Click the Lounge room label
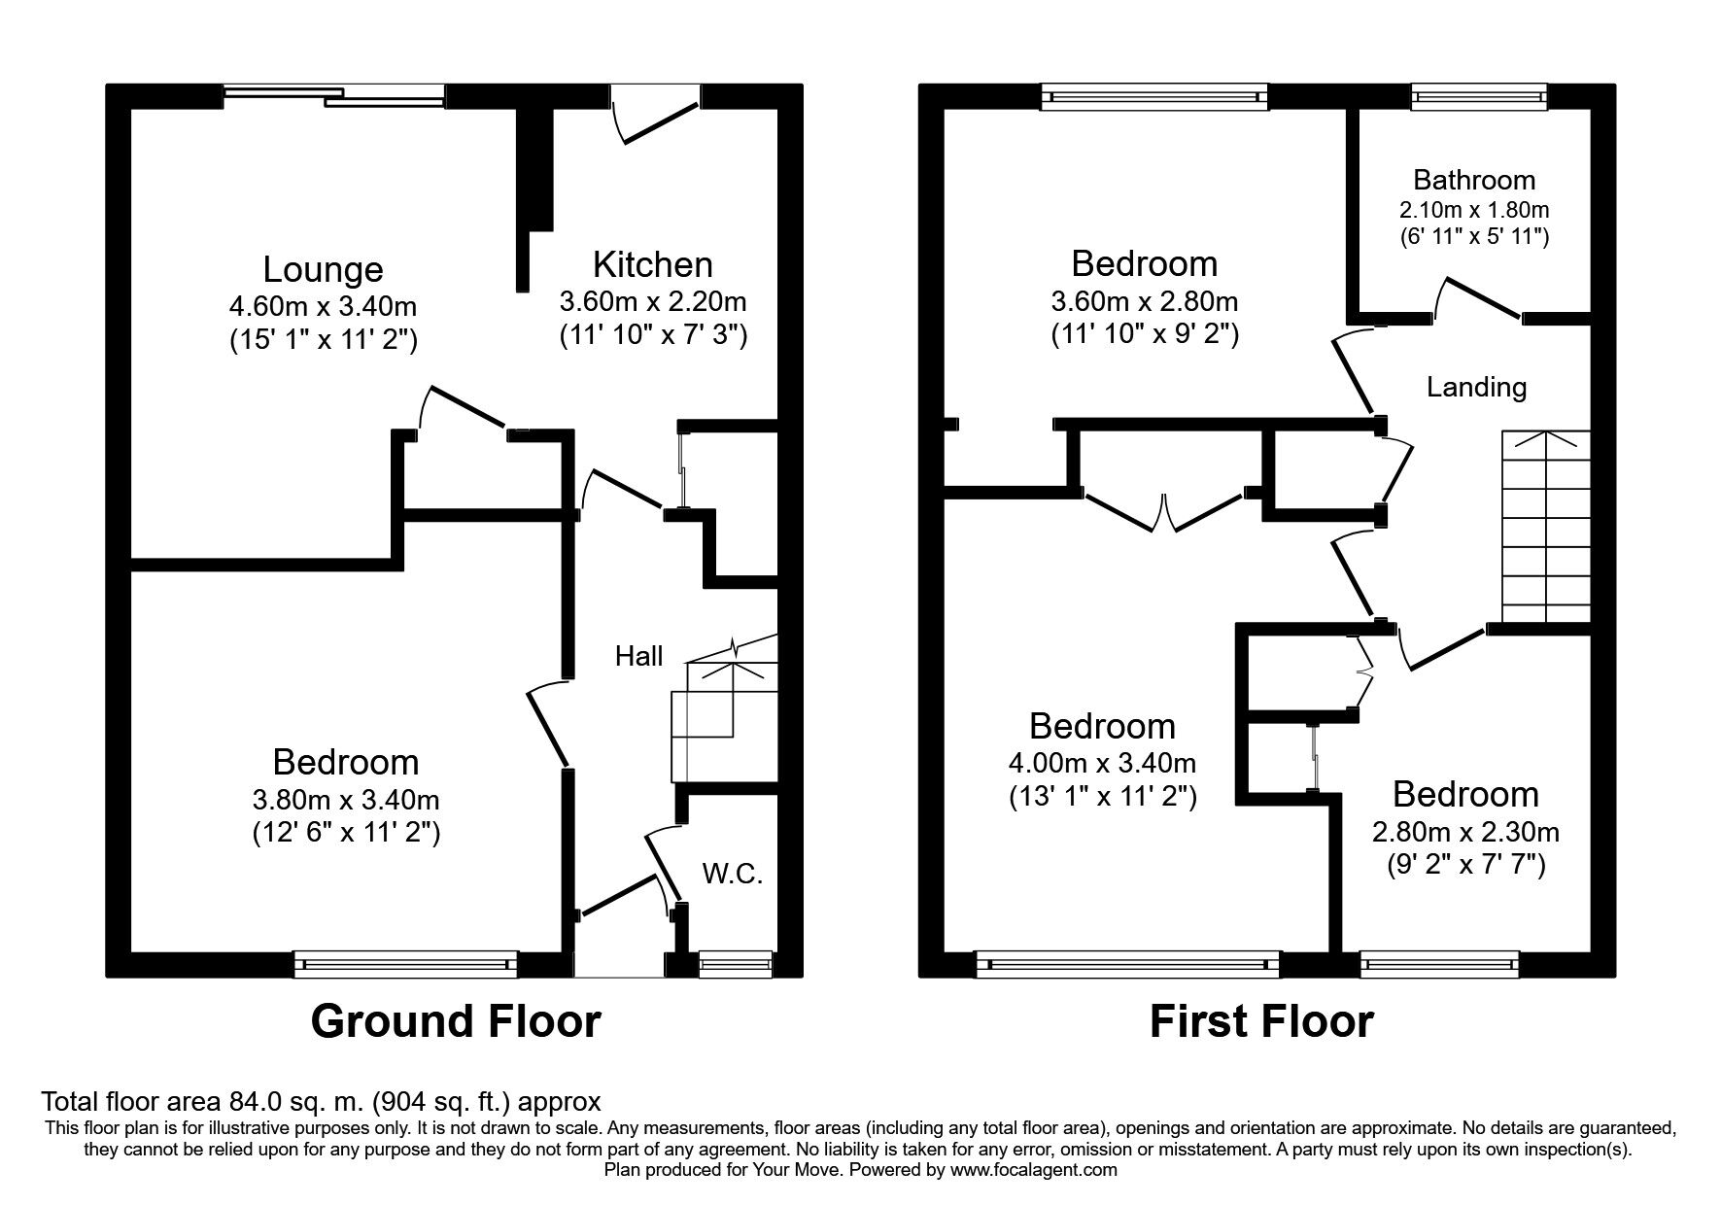[x=323, y=270]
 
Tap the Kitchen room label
[x=652, y=264]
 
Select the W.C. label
[x=733, y=874]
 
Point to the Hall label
[x=638, y=656]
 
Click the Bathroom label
[x=1474, y=180]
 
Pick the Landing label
[x=1476, y=388]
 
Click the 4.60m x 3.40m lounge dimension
[x=323, y=307]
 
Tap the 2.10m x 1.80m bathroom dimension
[x=1474, y=209]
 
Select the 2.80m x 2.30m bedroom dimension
[x=1465, y=832]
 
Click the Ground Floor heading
[x=456, y=1021]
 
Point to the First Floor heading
[x=1261, y=1021]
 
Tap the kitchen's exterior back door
[x=654, y=115]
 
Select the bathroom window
[x=1478, y=95]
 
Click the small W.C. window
[x=736, y=963]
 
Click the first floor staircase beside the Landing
[x=1546, y=527]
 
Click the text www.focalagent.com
[x=1034, y=1170]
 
